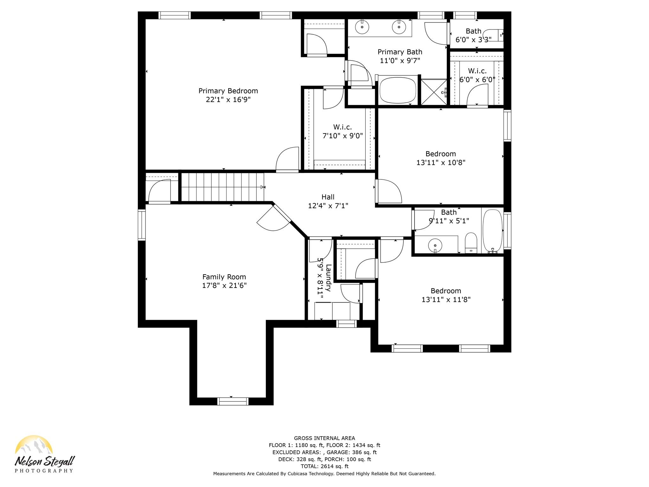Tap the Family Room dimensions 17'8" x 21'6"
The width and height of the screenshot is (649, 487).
point(224,286)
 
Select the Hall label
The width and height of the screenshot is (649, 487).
point(328,197)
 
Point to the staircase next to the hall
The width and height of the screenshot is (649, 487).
point(222,187)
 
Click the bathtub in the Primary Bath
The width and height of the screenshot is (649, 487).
point(398,90)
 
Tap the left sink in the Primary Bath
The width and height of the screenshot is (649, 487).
point(362,27)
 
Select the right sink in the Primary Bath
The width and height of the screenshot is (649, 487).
point(399,27)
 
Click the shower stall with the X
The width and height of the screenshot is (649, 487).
point(434,92)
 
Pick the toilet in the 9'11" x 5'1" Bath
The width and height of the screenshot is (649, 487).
point(471,243)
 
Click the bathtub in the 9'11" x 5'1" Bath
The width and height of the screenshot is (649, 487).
point(492,231)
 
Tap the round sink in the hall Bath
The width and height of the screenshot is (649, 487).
point(435,245)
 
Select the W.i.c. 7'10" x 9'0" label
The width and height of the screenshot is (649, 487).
point(343,132)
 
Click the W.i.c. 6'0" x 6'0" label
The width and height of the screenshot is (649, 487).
point(477,75)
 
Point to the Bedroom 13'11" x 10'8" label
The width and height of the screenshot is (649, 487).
point(441,158)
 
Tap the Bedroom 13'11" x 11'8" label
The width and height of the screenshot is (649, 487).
point(446,295)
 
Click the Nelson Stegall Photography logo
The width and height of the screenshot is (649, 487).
point(44,454)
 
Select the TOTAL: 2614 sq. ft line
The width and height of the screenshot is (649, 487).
point(324,466)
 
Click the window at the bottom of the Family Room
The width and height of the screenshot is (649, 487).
point(233,401)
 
